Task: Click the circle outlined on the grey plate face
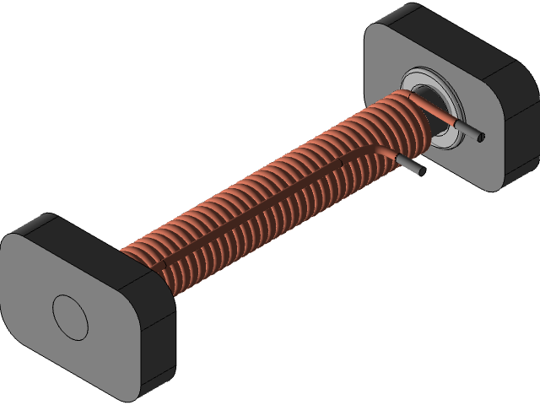70,316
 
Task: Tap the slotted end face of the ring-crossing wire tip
482,137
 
